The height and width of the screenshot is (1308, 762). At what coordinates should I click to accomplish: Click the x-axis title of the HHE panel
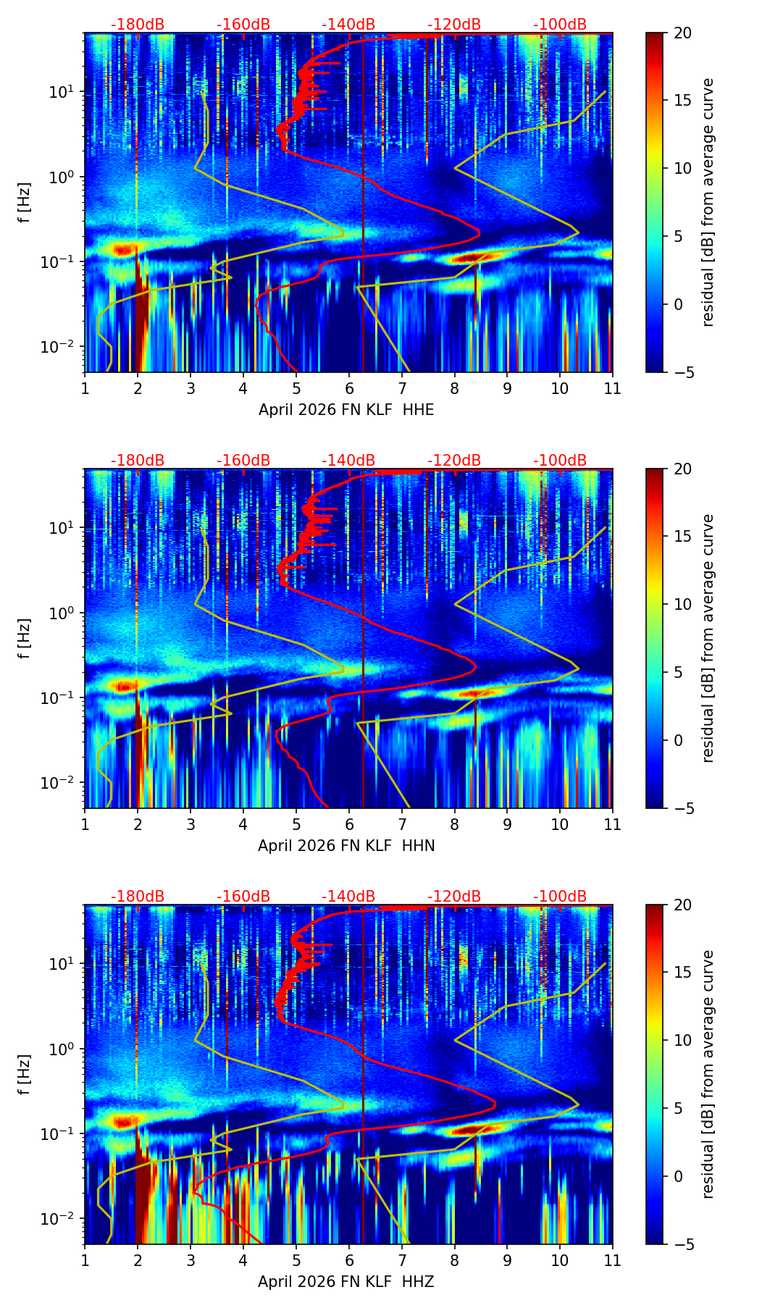(x=346, y=410)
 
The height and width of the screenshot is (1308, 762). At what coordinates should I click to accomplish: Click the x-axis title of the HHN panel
(x=346, y=846)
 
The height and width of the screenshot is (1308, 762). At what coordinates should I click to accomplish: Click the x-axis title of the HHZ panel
(x=346, y=1282)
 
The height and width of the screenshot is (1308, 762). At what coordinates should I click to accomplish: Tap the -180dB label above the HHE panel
(x=138, y=25)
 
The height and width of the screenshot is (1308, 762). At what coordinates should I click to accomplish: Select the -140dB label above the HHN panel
(x=348, y=461)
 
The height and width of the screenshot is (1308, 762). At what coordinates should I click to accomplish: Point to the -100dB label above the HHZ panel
(x=560, y=897)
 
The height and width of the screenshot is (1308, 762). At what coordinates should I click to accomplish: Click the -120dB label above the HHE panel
(x=454, y=25)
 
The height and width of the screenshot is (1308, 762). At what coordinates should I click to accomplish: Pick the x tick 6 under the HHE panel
(x=349, y=388)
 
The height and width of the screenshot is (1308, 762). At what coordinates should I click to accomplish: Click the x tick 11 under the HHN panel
(x=613, y=824)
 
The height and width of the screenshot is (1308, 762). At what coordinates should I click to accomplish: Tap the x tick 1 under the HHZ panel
(x=85, y=1260)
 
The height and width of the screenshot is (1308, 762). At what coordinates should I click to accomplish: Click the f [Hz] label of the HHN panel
(x=25, y=638)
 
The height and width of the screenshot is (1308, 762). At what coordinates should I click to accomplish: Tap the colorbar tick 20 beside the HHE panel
(x=682, y=33)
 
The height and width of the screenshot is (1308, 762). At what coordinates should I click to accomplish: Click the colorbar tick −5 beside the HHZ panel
(x=682, y=1244)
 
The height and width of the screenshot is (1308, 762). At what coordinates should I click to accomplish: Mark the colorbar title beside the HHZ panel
(x=708, y=1074)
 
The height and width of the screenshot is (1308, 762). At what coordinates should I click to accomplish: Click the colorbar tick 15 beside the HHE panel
(x=682, y=101)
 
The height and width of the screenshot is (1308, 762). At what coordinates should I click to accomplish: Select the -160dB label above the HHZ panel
(x=243, y=897)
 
